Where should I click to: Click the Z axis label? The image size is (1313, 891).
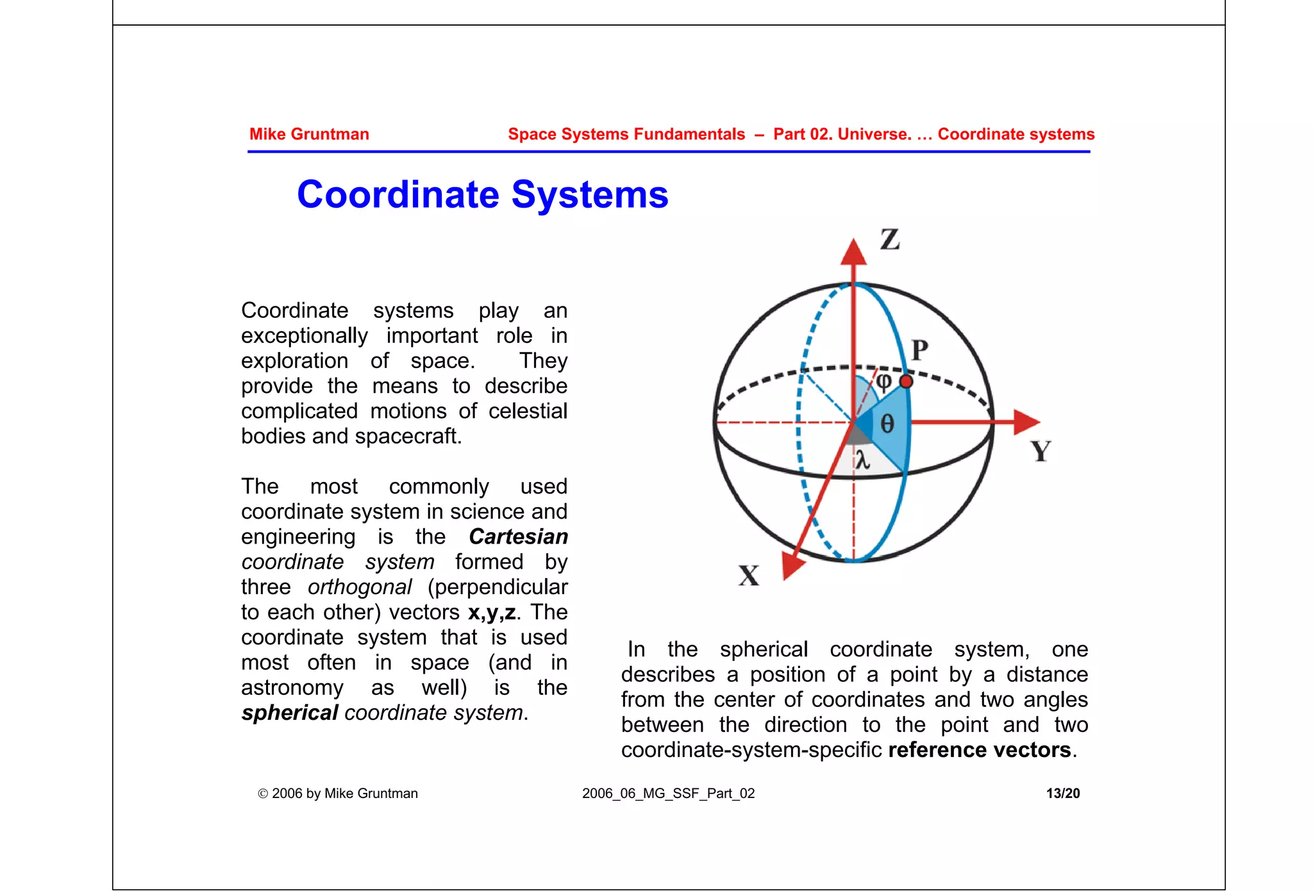point(890,240)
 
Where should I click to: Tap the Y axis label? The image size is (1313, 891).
point(1041,451)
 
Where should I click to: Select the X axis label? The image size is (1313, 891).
point(749,575)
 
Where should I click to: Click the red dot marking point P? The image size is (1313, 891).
point(906,382)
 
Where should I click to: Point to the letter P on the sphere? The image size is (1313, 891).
point(920,351)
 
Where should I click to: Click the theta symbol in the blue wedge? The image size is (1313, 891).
point(887,424)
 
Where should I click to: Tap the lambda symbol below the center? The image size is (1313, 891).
point(863,460)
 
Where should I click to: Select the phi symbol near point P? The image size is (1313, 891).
point(884,382)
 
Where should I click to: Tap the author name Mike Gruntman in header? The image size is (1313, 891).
point(309,134)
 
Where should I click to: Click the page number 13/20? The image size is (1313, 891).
point(1062,793)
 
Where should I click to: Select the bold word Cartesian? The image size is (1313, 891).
point(518,537)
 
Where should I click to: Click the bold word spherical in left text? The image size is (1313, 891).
point(290,713)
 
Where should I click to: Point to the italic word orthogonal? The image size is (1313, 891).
point(360,587)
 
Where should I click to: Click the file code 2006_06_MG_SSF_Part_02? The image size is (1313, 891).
point(668,793)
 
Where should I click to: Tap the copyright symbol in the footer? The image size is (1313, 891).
point(263,794)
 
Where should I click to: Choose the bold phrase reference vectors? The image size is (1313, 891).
point(979,750)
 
